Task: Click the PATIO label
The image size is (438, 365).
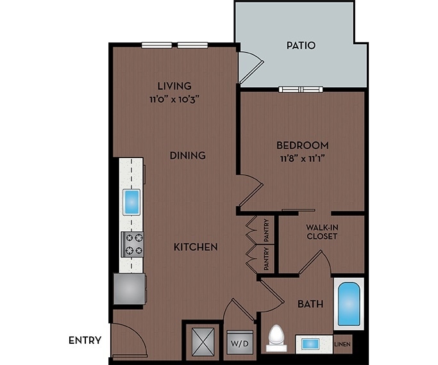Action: tap(301, 45)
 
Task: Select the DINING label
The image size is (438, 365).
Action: tap(188, 155)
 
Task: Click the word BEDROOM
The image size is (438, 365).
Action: tap(303, 145)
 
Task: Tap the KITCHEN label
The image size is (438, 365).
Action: tap(196, 247)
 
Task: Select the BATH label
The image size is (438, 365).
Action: tap(310, 304)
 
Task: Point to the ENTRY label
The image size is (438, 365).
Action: tap(85, 340)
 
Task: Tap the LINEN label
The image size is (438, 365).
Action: tap(342, 345)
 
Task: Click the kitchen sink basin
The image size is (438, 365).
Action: tap(132, 202)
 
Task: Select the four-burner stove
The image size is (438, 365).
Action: tap(133, 244)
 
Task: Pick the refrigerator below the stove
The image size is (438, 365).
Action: tap(129, 288)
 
